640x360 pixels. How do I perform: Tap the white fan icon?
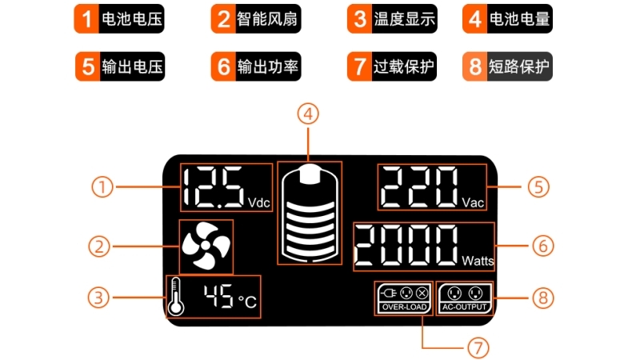pyautogui.click(x=206, y=246)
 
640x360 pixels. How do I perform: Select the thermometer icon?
pyautogui.click(x=176, y=297)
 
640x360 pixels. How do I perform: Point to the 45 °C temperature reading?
pyautogui.click(x=229, y=298)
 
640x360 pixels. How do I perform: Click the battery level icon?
pyautogui.click(x=309, y=213)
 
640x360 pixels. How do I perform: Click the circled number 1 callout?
pyautogui.click(x=102, y=188)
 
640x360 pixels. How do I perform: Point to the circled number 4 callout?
pyautogui.click(x=308, y=114)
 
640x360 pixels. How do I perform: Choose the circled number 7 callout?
pyautogui.click(x=477, y=348)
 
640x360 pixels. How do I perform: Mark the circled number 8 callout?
pyautogui.click(x=543, y=298)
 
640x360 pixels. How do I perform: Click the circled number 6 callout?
pyautogui.click(x=543, y=246)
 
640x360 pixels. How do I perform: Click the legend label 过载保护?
pyautogui.click(x=405, y=67)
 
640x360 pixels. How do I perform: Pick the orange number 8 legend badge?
pyautogui.click(x=474, y=67)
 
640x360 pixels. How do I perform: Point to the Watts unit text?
pyautogui.click(x=478, y=261)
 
